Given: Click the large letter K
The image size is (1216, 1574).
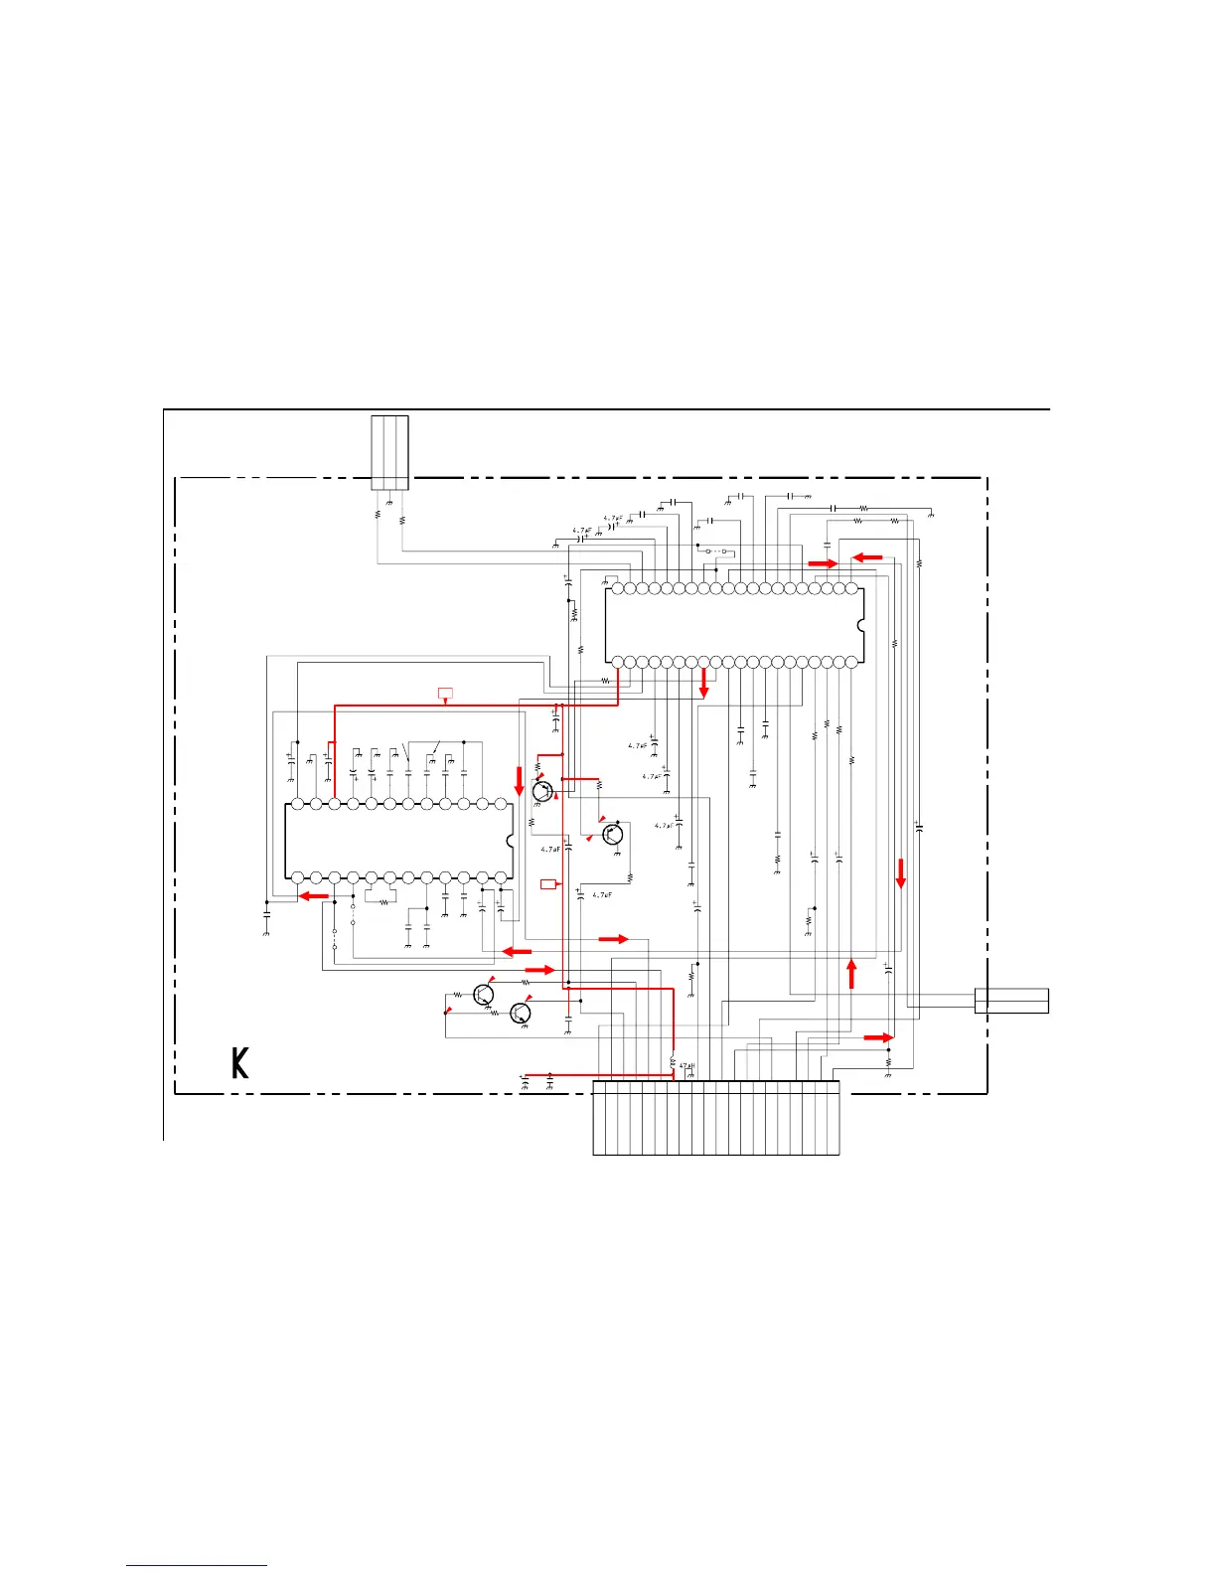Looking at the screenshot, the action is tap(239, 1062).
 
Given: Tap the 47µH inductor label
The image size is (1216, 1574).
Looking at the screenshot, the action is tap(686, 1066).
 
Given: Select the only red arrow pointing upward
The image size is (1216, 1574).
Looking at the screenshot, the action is tap(851, 974).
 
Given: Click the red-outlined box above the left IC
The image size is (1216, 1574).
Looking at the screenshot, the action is tap(445, 692).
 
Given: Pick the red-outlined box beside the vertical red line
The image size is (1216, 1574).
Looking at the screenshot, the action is tap(549, 882).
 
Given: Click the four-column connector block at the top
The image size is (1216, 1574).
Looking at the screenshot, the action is tap(389, 452).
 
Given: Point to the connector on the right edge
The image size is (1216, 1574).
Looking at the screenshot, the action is tap(1011, 1001).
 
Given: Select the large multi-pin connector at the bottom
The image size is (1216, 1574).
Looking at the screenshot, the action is tap(715, 1118).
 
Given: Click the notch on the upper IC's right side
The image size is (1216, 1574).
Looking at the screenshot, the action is tap(860, 626).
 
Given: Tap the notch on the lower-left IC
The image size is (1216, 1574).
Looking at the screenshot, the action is tap(510, 841).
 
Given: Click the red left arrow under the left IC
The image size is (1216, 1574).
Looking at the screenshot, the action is tap(315, 895).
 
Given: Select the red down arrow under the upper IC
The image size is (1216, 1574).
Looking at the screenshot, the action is tap(704, 682).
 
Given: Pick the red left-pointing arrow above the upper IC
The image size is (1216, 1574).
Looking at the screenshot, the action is tap(867, 557).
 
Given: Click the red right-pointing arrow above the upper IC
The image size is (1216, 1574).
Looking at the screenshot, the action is tap(823, 563).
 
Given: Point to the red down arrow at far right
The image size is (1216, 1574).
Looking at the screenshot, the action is tap(901, 873).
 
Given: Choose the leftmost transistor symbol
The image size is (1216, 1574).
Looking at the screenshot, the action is tap(484, 994).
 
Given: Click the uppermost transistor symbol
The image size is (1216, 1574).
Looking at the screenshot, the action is tap(542, 791).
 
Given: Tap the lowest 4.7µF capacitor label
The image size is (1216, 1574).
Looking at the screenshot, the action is tap(602, 895).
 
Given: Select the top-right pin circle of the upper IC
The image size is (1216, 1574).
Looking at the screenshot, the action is tap(851, 588).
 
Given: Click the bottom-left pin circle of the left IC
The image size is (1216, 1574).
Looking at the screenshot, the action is tap(296, 877).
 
